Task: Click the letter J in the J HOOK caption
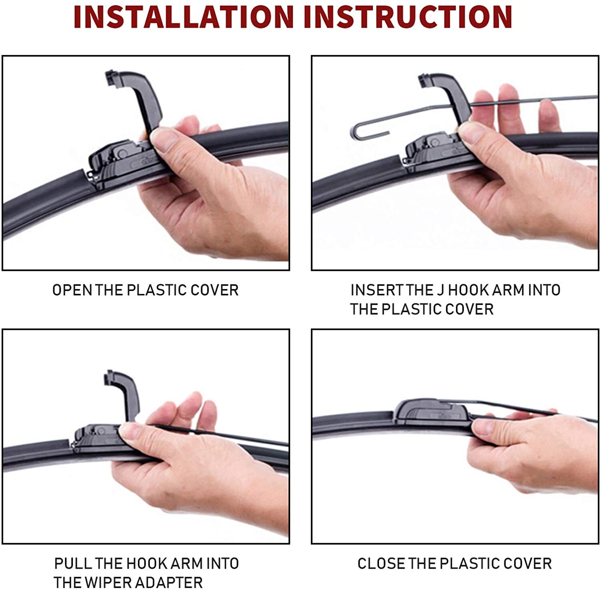click(x=440, y=290)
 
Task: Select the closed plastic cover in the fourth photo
click(x=431, y=411)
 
